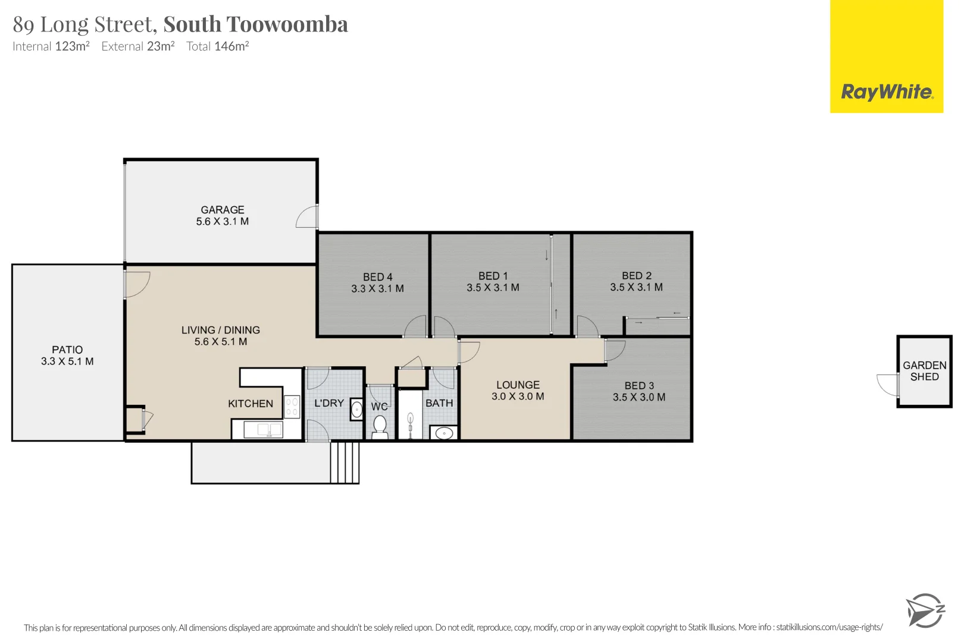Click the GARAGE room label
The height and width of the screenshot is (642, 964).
click(x=223, y=210)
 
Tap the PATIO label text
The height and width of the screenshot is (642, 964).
click(x=67, y=350)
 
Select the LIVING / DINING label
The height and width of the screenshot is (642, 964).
click(x=221, y=330)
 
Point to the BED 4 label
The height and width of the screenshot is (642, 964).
click(x=378, y=277)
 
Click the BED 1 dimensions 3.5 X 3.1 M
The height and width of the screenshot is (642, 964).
click(x=493, y=288)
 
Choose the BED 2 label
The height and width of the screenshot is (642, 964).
click(x=637, y=276)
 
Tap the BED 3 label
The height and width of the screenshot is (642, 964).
click(x=639, y=386)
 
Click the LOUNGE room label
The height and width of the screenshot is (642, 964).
click(x=518, y=385)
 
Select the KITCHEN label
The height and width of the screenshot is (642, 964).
click(x=251, y=404)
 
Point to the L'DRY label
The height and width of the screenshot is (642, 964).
click(x=329, y=403)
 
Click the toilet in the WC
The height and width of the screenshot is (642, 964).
click(x=380, y=426)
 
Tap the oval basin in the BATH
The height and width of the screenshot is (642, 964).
click(x=444, y=433)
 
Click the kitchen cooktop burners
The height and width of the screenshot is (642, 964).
click(x=292, y=407)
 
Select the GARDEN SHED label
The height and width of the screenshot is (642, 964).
click(x=924, y=371)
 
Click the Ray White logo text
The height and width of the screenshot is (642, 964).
click(x=887, y=92)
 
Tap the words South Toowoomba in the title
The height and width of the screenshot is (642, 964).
click(x=255, y=24)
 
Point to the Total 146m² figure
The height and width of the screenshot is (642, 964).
click(x=217, y=46)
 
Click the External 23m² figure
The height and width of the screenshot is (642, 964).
click(x=138, y=46)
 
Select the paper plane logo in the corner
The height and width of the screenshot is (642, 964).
click(x=924, y=610)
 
